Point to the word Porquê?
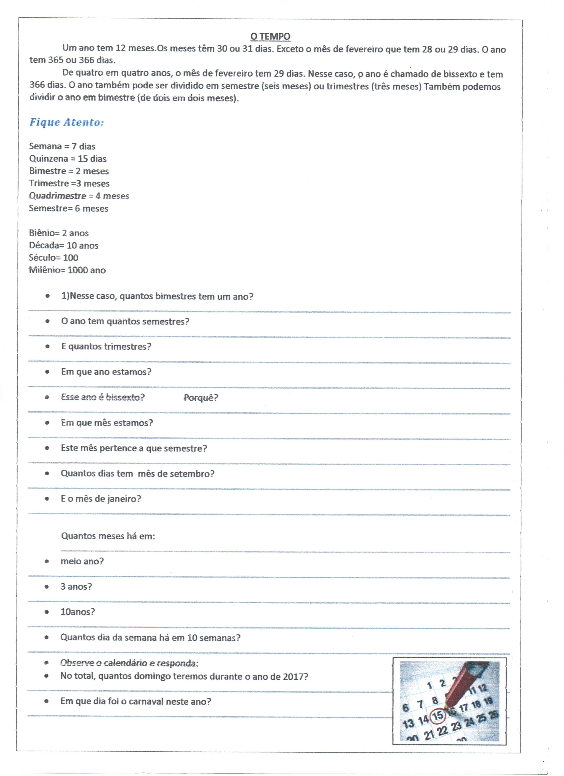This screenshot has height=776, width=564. [201, 398]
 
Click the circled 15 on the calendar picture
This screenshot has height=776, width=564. [437, 715]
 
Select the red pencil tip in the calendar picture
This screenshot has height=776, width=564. [446, 707]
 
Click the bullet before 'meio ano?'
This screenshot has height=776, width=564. [47, 561]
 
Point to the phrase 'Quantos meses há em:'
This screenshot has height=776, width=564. [108, 536]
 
